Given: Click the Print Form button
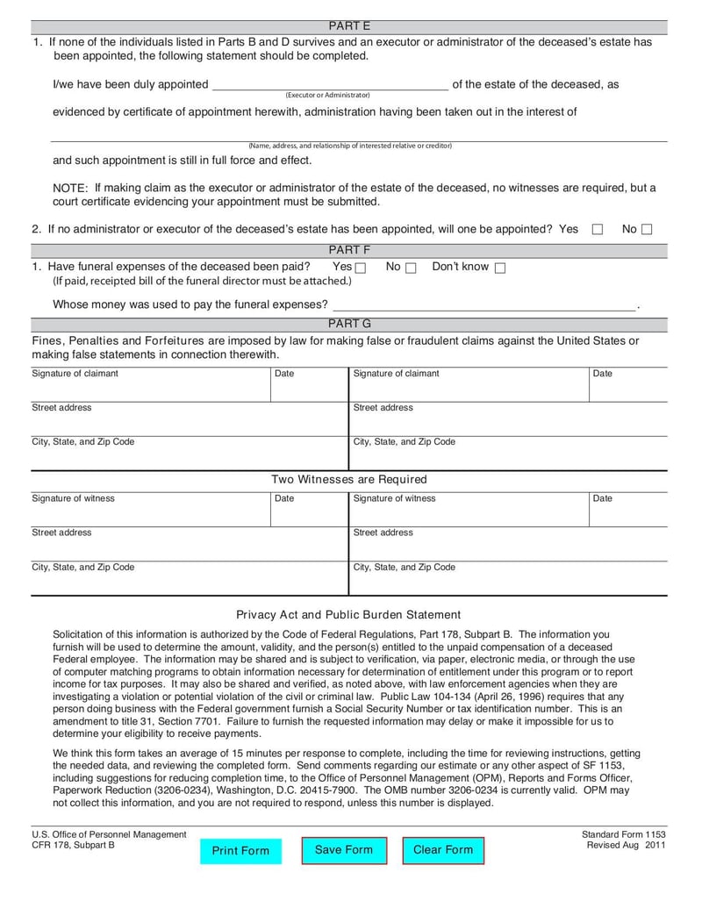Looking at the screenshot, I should pos(240,851).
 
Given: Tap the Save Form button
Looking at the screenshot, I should pos(344,850).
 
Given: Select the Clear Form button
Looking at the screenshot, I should pos(443,850).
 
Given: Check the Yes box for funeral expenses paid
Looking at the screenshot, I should pos(361,268).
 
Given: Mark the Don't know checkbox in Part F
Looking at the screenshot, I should pos(500,268).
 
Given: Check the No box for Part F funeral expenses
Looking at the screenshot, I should pos(411,268).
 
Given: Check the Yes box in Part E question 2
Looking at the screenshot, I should pos(598,230).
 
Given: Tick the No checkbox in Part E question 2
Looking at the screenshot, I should pos(647,230).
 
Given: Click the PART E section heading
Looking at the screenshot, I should pos(349,26).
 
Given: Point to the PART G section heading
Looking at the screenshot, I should pos(349,324).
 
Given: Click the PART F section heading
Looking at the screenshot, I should pos(349,250).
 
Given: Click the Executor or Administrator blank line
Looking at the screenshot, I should pos(329,86).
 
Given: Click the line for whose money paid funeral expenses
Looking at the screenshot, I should pos(483,305).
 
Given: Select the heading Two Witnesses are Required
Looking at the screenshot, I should pos(349,480).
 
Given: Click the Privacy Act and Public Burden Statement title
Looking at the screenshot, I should pos(348,615).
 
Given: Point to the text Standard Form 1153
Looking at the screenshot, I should pos(624,834).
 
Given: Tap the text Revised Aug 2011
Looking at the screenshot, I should pos(627,845).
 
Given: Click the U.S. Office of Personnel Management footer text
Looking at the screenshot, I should pos(109,834).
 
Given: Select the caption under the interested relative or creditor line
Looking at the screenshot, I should pos(349,146).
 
